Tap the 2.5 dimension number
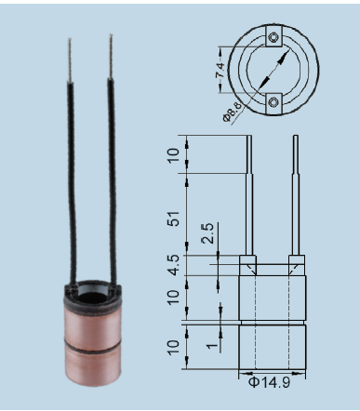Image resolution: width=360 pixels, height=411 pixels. pyautogui.click(x=207, y=233)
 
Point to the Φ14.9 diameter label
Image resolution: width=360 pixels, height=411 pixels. pyautogui.click(x=269, y=382)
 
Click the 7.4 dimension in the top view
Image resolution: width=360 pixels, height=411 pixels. pyautogui.click(x=220, y=70)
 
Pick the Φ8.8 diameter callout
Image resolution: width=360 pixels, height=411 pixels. pyautogui.click(x=232, y=112)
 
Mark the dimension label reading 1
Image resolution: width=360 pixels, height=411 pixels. pyautogui.click(x=212, y=345)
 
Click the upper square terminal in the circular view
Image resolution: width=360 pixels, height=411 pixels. pyautogui.click(x=273, y=36)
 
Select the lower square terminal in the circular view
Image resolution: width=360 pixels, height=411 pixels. pyautogui.click(x=273, y=103)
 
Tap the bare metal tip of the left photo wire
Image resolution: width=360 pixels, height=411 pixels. pyautogui.click(x=70, y=60)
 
